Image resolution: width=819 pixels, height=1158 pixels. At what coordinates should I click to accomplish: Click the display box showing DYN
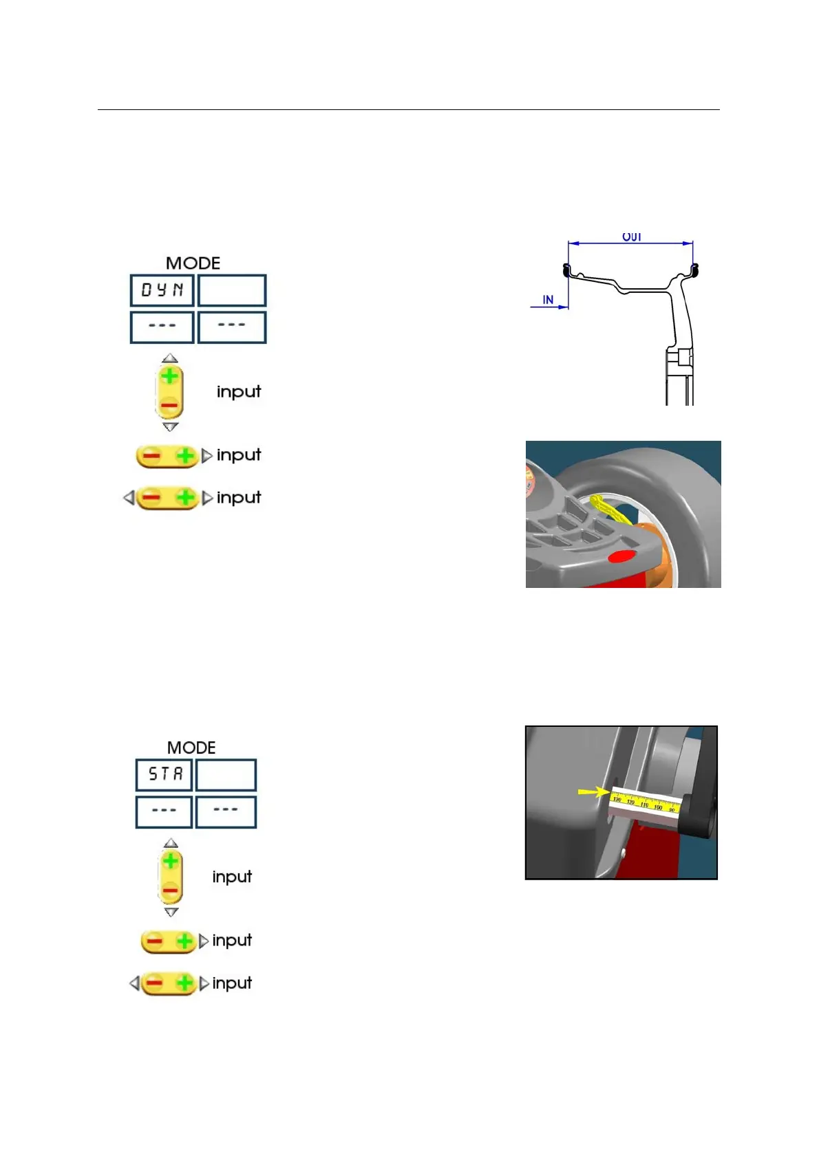click(x=162, y=290)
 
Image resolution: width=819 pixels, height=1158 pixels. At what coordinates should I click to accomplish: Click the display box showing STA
click(x=164, y=774)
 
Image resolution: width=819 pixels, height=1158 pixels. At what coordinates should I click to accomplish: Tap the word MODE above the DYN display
click(x=193, y=263)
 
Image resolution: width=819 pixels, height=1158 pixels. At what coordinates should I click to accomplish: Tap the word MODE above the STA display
click(x=191, y=747)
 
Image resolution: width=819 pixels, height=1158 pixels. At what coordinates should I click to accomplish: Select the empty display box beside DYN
click(x=232, y=290)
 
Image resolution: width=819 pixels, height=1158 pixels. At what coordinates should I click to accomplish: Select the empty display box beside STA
click(x=226, y=774)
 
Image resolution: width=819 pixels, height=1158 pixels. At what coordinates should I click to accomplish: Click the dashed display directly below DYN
click(x=162, y=327)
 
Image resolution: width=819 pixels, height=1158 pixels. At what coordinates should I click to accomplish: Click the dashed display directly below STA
click(x=164, y=811)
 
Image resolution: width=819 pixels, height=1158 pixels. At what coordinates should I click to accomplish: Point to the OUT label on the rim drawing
click(x=632, y=237)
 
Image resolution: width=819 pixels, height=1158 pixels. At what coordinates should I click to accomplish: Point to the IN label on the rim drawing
click(x=548, y=300)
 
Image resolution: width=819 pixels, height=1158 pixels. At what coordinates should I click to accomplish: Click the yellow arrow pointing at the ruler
click(x=593, y=792)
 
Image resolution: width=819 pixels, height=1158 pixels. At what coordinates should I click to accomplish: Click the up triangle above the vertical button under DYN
click(x=170, y=358)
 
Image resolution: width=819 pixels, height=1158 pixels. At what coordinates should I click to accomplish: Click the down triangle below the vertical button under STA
click(x=171, y=913)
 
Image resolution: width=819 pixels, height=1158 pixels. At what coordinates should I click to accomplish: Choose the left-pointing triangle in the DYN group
click(x=129, y=497)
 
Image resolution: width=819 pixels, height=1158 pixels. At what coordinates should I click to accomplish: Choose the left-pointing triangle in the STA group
click(x=134, y=983)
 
